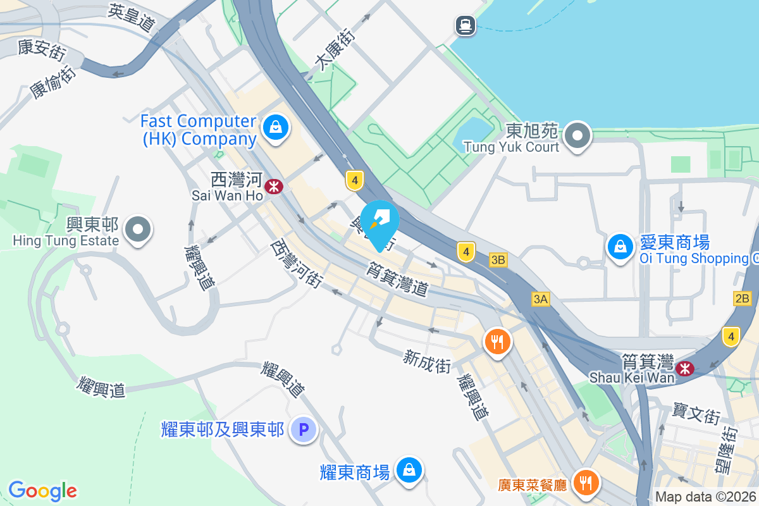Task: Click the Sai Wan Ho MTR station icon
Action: click(x=274, y=187)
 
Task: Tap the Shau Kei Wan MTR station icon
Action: click(x=684, y=368)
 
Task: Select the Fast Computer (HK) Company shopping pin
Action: click(x=276, y=127)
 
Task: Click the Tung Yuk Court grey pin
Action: click(x=577, y=135)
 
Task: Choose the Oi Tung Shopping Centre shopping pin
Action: click(x=620, y=246)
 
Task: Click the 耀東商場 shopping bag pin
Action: click(x=409, y=470)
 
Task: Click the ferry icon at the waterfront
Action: click(x=466, y=25)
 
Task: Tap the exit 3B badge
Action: click(x=498, y=259)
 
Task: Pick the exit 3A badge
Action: click(x=540, y=300)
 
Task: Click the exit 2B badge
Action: click(x=743, y=299)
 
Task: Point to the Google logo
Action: click(x=42, y=491)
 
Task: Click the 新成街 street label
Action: click(x=428, y=362)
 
